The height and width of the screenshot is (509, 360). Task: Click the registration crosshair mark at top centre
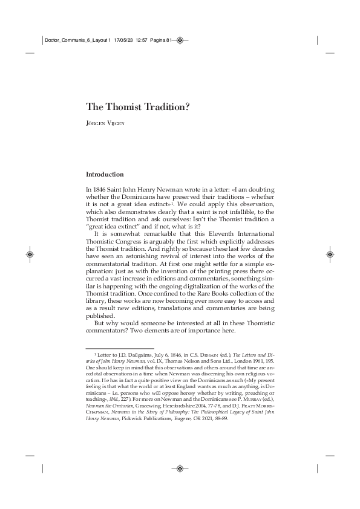[x=180, y=41]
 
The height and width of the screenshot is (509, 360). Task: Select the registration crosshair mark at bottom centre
[x=180, y=467]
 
